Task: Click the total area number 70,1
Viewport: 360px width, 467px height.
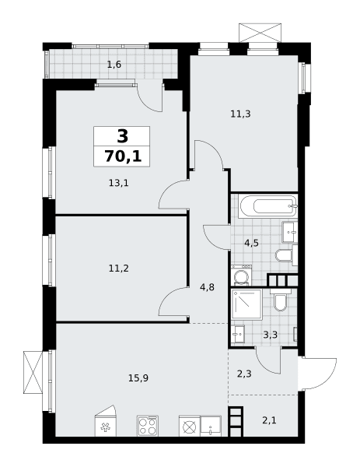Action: click(x=123, y=156)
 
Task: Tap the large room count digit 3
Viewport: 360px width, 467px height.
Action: click(x=123, y=136)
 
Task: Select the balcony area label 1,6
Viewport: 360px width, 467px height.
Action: click(x=114, y=65)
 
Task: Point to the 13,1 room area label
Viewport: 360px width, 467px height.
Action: click(x=118, y=183)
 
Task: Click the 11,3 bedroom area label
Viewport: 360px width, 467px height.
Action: click(x=240, y=114)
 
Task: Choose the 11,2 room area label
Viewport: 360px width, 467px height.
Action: click(x=118, y=269)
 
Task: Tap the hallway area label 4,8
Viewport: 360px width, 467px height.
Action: click(x=208, y=287)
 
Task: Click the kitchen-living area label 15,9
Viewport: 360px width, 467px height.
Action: click(x=138, y=378)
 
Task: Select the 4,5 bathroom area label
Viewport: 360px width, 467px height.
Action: click(x=251, y=243)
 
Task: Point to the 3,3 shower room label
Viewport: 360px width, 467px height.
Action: click(x=271, y=335)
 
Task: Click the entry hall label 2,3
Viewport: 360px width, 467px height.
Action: click(x=244, y=373)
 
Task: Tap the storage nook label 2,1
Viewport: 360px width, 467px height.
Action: click(x=269, y=420)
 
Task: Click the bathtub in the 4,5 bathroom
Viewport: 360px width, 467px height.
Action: click(x=269, y=206)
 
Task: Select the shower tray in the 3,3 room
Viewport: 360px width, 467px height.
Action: click(x=247, y=304)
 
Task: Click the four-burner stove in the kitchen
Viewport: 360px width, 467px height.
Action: click(x=148, y=427)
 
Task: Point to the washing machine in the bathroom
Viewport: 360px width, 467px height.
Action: click(x=242, y=276)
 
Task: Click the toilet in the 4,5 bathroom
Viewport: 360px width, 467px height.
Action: click(x=286, y=255)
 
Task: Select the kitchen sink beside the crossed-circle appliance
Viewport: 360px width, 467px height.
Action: click(x=211, y=427)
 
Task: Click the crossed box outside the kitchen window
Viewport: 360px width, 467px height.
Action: click(x=33, y=372)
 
